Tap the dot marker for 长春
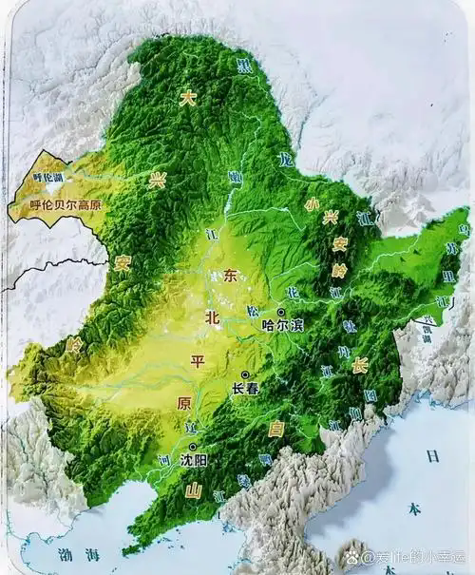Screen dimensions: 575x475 click(x=245, y=374)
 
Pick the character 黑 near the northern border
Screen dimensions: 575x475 click(x=244, y=65)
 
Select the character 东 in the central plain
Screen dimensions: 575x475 click(x=231, y=277)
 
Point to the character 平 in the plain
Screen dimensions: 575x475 click(x=198, y=362)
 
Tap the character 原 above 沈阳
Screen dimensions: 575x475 click(x=184, y=404)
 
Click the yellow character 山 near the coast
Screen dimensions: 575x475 click(x=193, y=490)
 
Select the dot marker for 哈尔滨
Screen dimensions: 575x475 click(x=281, y=312)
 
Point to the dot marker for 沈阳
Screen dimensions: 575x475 click(x=193, y=447)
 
